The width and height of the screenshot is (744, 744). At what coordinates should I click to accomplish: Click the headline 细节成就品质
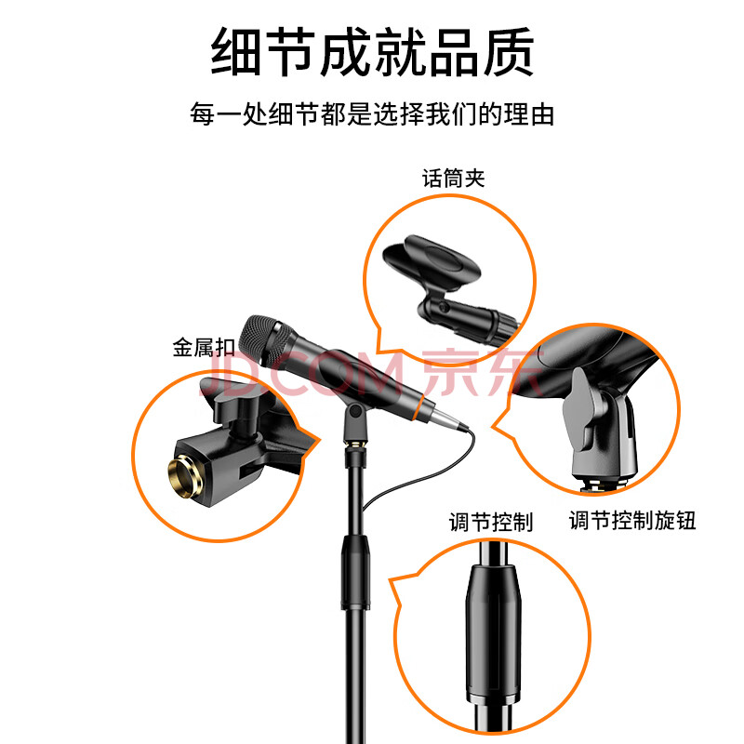pyautogui.click(x=373, y=51)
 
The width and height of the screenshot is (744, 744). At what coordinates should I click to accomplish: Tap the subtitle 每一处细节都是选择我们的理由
pyautogui.click(x=373, y=114)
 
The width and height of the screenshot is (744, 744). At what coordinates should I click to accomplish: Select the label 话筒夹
pyautogui.click(x=454, y=179)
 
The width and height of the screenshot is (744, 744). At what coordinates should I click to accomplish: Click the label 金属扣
pyautogui.click(x=204, y=347)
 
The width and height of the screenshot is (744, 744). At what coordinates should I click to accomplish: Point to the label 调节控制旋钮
pyautogui.click(x=632, y=521)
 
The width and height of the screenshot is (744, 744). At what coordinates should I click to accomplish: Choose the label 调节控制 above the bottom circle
pyautogui.click(x=491, y=522)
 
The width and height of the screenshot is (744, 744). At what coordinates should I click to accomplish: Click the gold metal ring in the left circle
pyautogui.click(x=184, y=476)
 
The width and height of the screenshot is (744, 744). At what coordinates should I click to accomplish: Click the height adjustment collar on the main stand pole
pyautogui.click(x=355, y=571)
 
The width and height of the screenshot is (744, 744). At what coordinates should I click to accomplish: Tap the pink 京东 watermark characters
pyautogui.click(x=482, y=372)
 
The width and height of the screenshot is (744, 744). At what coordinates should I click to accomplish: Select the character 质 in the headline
pyautogui.click(x=509, y=51)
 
